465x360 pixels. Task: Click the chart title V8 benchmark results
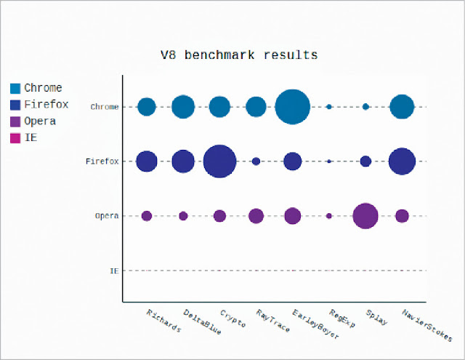(x=238, y=55)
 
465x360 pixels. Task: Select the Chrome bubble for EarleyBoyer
(x=293, y=107)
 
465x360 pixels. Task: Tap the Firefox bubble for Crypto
(x=219, y=161)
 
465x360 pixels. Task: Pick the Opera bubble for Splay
(x=365, y=216)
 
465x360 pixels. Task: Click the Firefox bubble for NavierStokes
(x=402, y=161)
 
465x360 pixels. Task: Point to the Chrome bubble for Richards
(x=147, y=107)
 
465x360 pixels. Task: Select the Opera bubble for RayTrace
(x=256, y=216)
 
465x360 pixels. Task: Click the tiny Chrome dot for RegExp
(x=329, y=107)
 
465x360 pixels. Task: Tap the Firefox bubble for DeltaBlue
(x=183, y=161)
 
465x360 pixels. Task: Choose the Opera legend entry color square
(x=15, y=121)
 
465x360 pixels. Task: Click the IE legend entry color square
(x=15, y=138)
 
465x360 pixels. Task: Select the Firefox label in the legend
(x=46, y=105)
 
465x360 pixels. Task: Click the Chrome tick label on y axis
(x=105, y=107)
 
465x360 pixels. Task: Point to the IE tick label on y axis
(x=114, y=271)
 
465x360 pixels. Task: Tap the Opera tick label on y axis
(x=107, y=216)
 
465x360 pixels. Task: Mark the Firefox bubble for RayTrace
(x=256, y=161)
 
